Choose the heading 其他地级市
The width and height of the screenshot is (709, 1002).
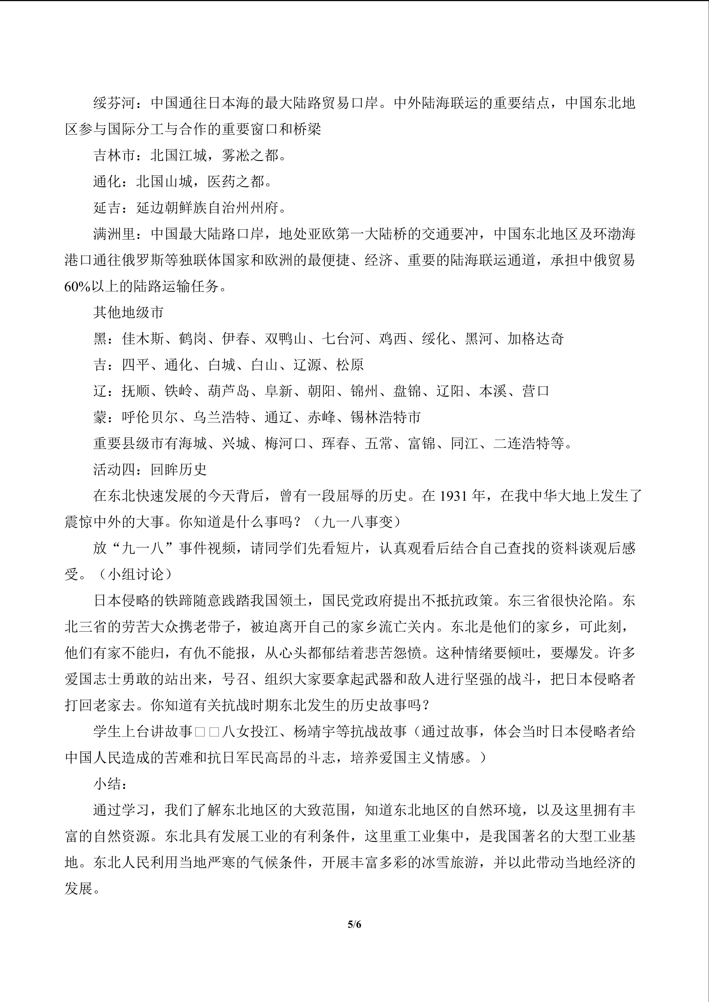point(129,312)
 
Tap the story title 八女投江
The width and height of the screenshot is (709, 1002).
point(250,732)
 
